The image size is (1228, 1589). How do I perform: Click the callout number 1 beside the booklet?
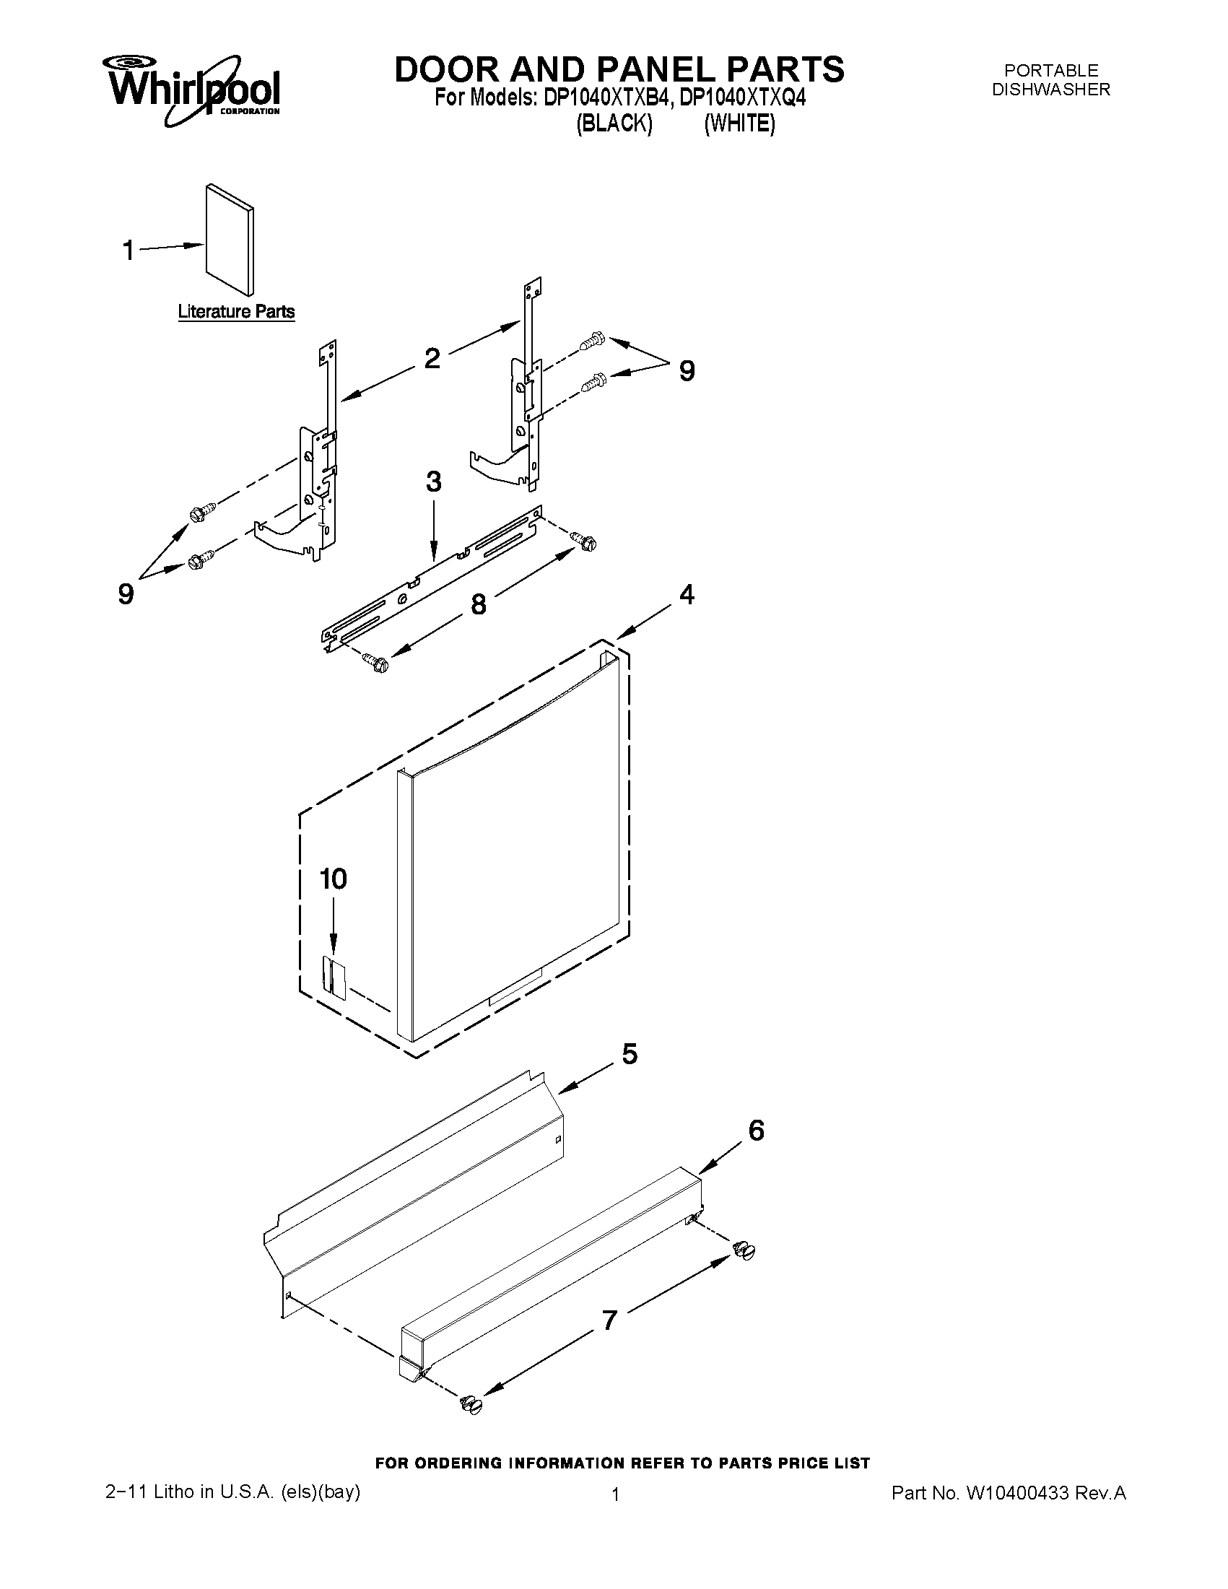pyautogui.click(x=128, y=251)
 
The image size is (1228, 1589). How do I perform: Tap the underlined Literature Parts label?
pyautogui.click(x=237, y=312)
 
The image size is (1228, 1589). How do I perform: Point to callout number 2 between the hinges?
pyautogui.click(x=432, y=358)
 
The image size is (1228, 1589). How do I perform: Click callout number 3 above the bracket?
pyautogui.click(x=434, y=482)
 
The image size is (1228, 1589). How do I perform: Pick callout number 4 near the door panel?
pyautogui.click(x=687, y=594)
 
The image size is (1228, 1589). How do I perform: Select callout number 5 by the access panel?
pyautogui.click(x=630, y=1053)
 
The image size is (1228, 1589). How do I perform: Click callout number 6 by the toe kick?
pyautogui.click(x=756, y=1131)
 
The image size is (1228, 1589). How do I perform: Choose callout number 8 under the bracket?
pyautogui.click(x=479, y=604)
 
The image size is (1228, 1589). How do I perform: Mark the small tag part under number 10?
pyautogui.click(x=335, y=975)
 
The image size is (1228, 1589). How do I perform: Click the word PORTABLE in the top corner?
pyautogui.click(x=1051, y=71)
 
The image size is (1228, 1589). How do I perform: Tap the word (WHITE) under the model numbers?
pyautogui.click(x=739, y=124)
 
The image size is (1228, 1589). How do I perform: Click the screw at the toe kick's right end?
pyautogui.click(x=744, y=1250)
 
